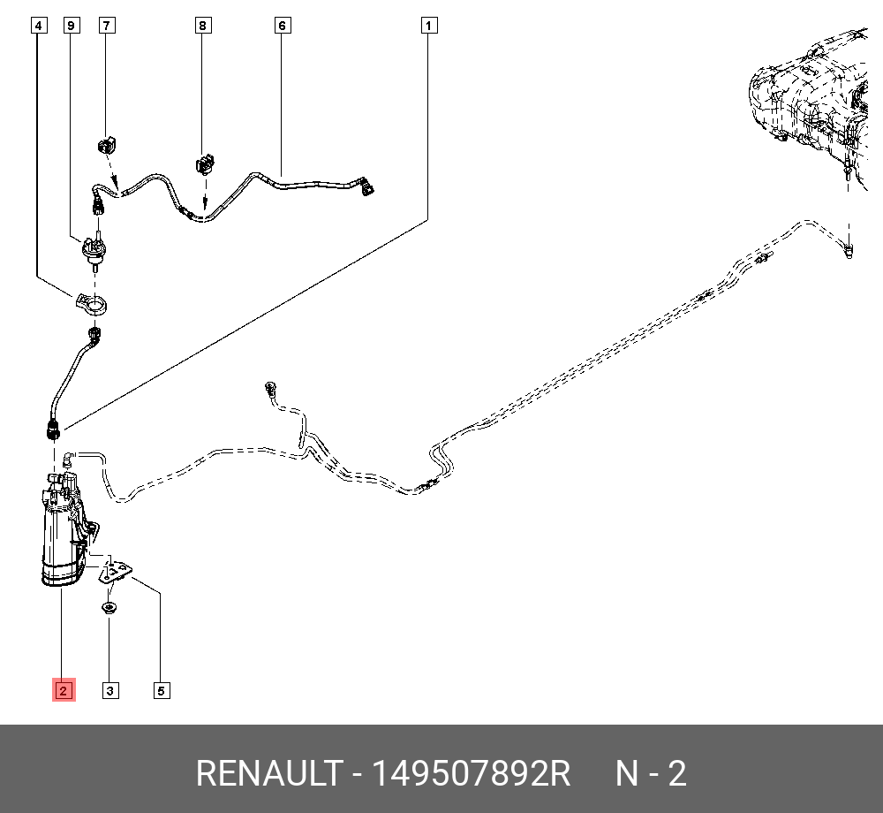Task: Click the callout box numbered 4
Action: [37, 26]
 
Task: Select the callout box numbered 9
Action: [72, 26]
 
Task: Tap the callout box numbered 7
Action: [106, 26]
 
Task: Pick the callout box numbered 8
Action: [202, 26]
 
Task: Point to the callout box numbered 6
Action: [282, 26]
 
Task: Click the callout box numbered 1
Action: [428, 26]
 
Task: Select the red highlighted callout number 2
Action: [64, 690]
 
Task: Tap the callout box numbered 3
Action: [109, 690]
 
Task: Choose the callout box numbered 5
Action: [161, 690]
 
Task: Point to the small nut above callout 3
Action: [109, 608]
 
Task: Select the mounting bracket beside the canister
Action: [114, 570]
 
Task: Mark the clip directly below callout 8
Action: [205, 163]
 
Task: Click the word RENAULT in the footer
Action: [267, 774]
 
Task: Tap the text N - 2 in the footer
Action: [651, 774]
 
